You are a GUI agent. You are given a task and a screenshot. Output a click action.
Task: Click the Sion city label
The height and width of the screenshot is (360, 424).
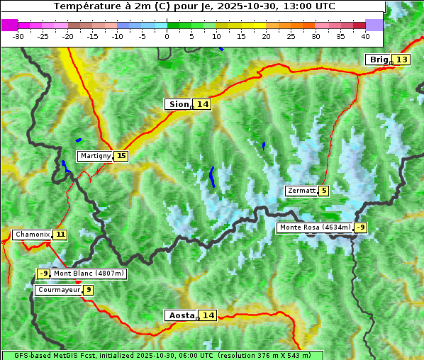[x=178, y=104]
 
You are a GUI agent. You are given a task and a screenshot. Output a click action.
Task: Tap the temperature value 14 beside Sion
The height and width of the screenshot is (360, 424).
[x=203, y=104]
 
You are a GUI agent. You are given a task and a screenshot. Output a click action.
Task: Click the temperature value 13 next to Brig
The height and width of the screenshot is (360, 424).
[x=401, y=60]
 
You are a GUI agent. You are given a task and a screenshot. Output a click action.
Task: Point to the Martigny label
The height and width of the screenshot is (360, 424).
[x=95, y=156]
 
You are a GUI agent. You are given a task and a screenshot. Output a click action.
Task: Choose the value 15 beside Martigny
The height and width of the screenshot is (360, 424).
[x=121, y=156]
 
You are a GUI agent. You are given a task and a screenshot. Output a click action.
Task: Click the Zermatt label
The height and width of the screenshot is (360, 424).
[x=301, y=191]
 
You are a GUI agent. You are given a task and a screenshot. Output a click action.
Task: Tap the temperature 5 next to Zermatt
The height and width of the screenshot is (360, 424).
[x=324, y=191]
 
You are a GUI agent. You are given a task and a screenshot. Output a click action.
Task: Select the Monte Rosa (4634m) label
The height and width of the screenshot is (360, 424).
[x=314, y=227]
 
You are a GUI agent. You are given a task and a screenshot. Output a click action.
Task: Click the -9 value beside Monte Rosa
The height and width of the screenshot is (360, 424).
[x=360, y=227]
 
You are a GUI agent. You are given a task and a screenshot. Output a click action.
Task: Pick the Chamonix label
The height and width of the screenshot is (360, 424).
[x=32, y=235]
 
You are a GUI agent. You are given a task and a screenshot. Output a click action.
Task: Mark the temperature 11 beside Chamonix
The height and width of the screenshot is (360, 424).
[x=60, y=235]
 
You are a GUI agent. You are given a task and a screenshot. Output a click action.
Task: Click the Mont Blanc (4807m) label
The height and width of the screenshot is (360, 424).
[x=89, y=274]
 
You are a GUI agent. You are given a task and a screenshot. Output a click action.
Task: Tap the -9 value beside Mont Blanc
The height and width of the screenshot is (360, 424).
[x=43, y=274]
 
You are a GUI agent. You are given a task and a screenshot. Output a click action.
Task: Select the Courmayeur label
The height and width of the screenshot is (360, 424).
[x=58, y=290]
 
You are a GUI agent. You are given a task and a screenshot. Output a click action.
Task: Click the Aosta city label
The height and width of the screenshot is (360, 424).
[x=180, y=315]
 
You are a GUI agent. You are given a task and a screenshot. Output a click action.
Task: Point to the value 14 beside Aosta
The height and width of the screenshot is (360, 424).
[x=207, y=315]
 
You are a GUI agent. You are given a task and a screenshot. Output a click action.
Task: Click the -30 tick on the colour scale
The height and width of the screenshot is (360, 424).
[x=18, y=36]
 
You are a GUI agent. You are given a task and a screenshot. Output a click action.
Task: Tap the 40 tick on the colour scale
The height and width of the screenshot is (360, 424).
[x=365, y=36]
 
